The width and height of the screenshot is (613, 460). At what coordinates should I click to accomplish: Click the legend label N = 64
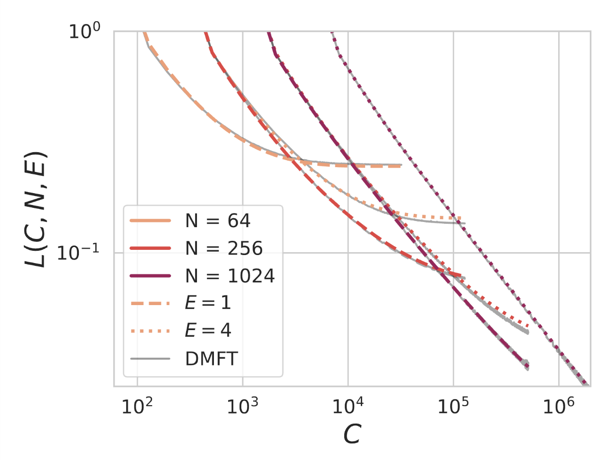(217, 221)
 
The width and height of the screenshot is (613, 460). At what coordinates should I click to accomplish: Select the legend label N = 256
(223, 248)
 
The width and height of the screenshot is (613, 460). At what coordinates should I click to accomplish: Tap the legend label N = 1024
(230, 276)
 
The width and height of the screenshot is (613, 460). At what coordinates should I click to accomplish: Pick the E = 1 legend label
(208, 303)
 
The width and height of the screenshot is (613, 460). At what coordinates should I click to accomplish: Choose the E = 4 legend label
(208, 331)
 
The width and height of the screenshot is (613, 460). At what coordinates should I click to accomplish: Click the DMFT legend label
(211, 359)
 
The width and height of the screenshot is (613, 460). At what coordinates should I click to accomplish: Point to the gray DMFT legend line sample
(150, 359)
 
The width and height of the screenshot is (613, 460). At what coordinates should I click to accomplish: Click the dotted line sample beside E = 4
(150, 331)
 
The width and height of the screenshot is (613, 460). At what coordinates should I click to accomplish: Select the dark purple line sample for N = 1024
(150, 276)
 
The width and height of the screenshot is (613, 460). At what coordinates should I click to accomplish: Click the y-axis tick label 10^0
(85, 32)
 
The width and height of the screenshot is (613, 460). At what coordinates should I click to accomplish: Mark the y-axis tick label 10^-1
(78, 253)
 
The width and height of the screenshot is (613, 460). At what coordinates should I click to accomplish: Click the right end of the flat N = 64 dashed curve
(400, 167)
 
